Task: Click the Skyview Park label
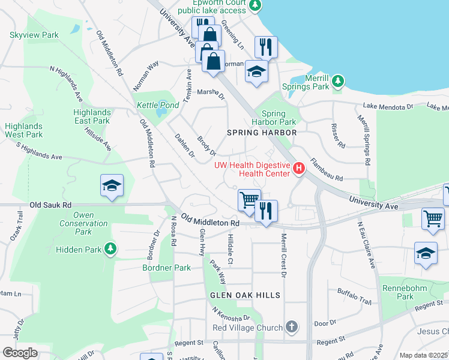(x=34, y=35)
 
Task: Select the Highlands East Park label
(x=92, y=116)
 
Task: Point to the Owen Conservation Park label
(x=91, y=223)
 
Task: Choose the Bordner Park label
(x=166, y=268)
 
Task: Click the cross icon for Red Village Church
(x=291, y=327)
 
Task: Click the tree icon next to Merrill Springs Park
(x=338, y=80)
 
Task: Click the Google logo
(x=20, y=353)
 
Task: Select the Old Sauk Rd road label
(x=50, y=205)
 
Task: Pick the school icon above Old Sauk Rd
(x=112, y=186)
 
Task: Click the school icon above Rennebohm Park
(x=426, y=253)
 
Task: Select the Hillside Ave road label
(x=98, y=138)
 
